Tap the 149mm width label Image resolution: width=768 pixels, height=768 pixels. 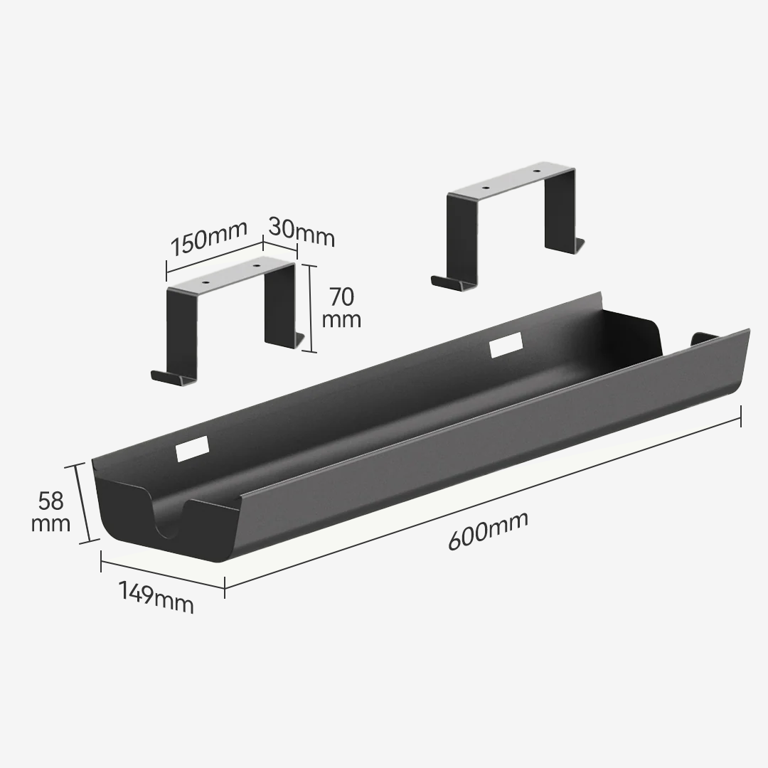point(156,597)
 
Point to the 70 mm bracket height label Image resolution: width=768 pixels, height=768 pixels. point(341,307)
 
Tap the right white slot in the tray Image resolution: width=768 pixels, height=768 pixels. point(506,344)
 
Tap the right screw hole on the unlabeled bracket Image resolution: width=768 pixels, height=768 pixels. point(537,172)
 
